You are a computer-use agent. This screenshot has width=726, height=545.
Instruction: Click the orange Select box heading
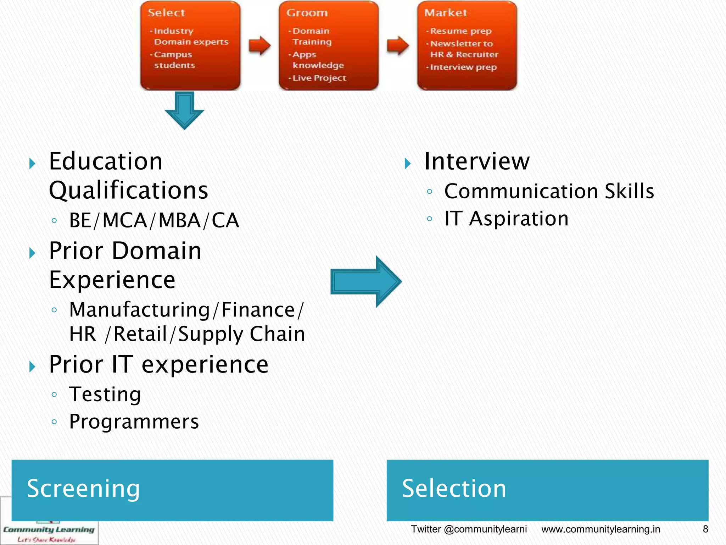[x=166, y=13]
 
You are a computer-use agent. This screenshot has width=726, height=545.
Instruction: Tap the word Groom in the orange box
[x=307, y=13]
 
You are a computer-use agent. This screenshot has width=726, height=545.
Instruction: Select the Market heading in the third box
[x=446, y=13]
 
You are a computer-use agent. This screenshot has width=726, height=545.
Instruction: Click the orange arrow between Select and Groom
[x=259, y=45]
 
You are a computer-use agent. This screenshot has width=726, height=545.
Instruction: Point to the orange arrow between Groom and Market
[x=398, y=45]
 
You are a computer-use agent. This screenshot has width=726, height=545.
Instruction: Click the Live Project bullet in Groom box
[x=319, y=78]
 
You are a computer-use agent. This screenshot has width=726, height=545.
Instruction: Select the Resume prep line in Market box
[x=460, y=31]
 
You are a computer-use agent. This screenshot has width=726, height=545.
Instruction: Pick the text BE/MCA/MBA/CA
[x=154, y=220]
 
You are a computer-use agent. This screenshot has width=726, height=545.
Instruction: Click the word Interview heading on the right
[x=476, y=161]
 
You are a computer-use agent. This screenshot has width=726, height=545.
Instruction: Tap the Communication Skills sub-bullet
[x=549, y=191]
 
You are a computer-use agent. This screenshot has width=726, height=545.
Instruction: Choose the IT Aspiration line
[x=506, y=219]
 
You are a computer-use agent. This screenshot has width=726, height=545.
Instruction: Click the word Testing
[x=105, y=394]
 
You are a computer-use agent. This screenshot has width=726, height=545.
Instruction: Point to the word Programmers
[x=134, y=422]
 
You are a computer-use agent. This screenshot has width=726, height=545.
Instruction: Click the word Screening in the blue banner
[x=83, y=489]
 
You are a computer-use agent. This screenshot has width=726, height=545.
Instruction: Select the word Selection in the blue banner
[x=454, y=489]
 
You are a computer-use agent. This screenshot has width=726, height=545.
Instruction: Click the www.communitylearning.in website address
[x=601, y=529]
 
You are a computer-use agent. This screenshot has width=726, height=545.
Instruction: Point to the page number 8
[x=705, y=529]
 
